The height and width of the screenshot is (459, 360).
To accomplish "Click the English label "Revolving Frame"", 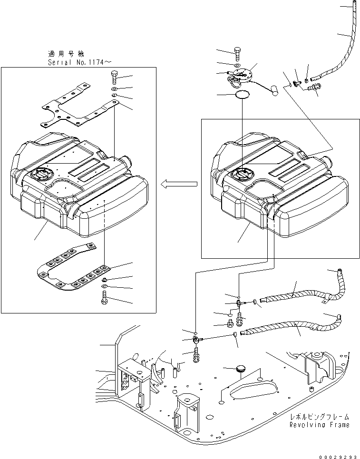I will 319,425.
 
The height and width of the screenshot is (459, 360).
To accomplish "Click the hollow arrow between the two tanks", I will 179,184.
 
